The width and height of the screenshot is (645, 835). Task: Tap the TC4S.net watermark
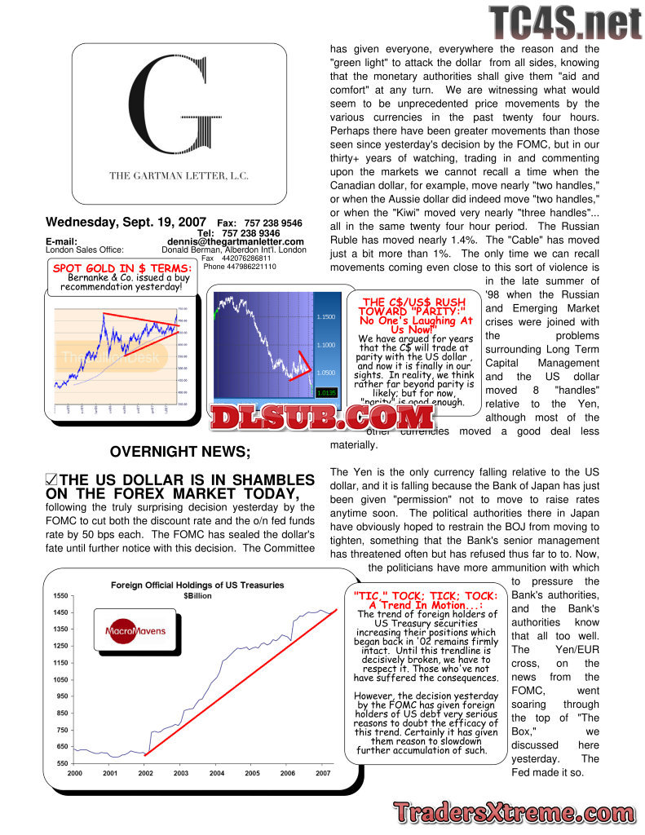tap(565, 23)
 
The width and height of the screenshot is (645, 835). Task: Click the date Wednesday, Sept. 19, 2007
tap(126, 222)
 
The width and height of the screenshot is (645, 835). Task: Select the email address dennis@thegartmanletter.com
tap(236, 241)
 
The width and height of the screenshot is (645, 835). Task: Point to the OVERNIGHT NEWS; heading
tap(180, 451)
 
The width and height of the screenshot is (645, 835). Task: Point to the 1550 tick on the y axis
tap(61, 596)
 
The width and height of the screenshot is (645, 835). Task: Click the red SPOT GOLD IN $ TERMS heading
tap(122, 268)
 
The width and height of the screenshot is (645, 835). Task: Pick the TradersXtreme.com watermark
tap(514, 812)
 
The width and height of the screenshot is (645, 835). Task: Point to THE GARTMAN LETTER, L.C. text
tap(179, 175)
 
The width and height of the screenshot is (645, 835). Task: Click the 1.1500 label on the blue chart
tap(326, 316)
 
